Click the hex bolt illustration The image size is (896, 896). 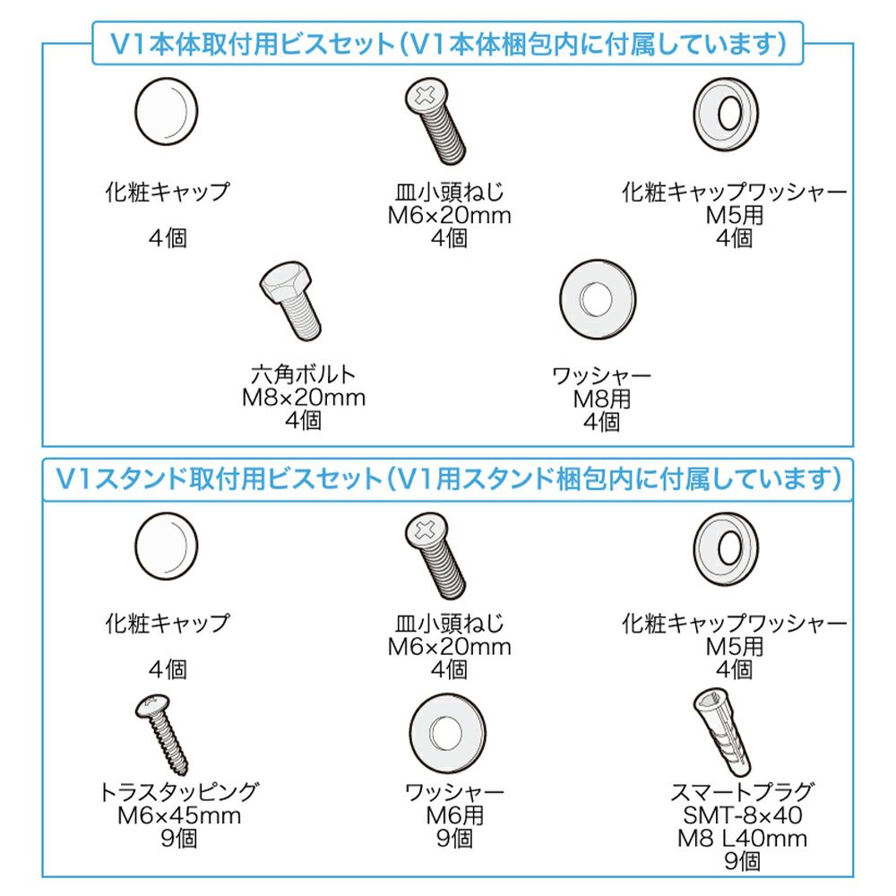[291, 301]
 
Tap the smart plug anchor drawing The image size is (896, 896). [722, 731]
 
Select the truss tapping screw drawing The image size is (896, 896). [162, 735]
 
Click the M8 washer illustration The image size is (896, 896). [597, 299]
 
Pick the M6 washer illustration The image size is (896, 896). [447, 733]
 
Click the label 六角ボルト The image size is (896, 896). [304, 375]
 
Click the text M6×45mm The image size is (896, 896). [179, 815]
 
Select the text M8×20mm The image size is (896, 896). [304, 398]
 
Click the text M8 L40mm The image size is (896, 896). [742, 839]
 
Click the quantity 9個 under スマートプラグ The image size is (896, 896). [742, 861]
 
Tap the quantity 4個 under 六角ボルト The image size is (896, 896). [304, 420]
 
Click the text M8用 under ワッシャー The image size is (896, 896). [602, 399]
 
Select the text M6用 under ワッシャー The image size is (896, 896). [455, 815]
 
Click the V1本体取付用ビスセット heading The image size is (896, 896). [252, 44]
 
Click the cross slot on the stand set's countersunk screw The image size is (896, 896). [425, 530]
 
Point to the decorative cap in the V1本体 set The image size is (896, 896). [167, 111]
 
